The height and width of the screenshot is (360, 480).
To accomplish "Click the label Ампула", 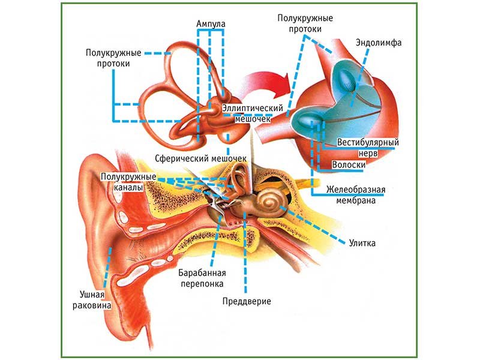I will (211, 25).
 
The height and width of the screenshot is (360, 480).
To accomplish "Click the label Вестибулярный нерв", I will (368, 148).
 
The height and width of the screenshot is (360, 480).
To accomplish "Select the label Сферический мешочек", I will (200, 158).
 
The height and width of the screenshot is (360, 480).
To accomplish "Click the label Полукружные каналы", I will (130, 182).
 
